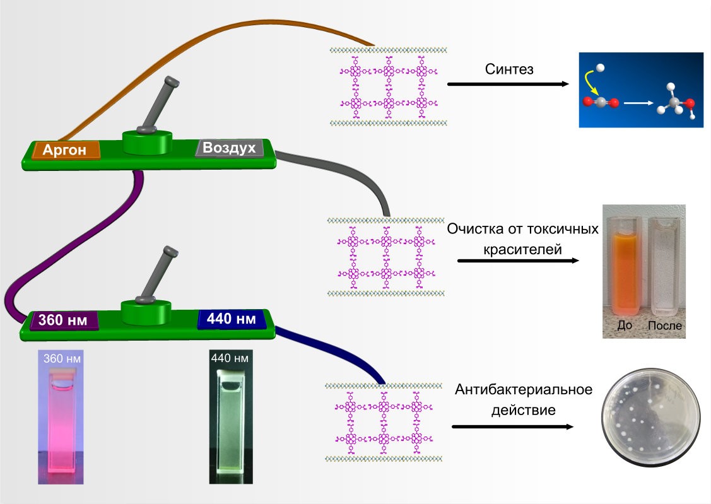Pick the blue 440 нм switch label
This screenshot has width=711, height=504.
point(228,319)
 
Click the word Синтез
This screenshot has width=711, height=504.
point(509,69)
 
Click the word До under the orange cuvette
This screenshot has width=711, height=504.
point(625,326)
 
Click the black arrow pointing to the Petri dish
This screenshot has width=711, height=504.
point(512,427)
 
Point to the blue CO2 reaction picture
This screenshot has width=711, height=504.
point(641,90)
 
